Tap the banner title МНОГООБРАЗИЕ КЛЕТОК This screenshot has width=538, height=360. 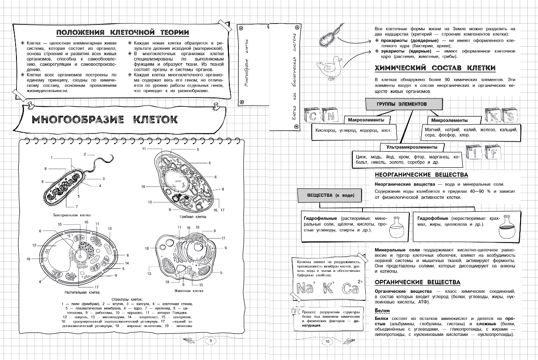104,119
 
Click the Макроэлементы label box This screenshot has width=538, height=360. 367,120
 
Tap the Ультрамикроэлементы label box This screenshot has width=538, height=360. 412,147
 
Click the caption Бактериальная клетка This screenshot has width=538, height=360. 65,215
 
